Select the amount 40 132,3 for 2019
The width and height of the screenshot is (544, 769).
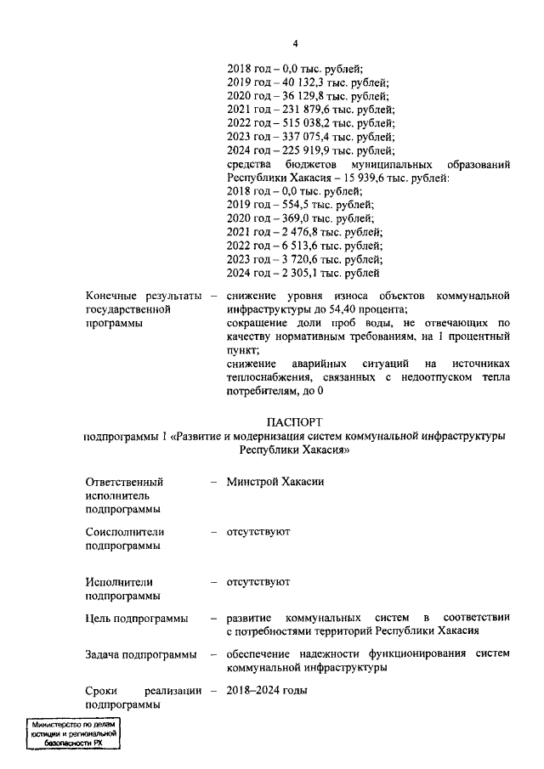(299, 82)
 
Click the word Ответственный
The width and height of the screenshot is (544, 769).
(124, 482)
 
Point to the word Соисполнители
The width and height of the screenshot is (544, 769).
(125, 532)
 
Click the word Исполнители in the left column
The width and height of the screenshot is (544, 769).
(119, 582)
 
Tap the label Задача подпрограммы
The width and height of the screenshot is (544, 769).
(141, 654)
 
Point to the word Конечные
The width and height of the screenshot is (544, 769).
(115, 296)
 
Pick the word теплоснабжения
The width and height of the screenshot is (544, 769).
(267, 377)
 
